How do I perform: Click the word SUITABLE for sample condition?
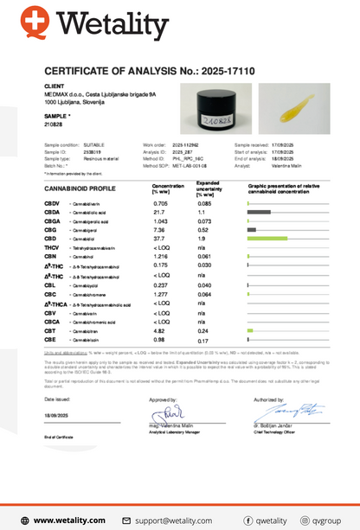93,149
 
